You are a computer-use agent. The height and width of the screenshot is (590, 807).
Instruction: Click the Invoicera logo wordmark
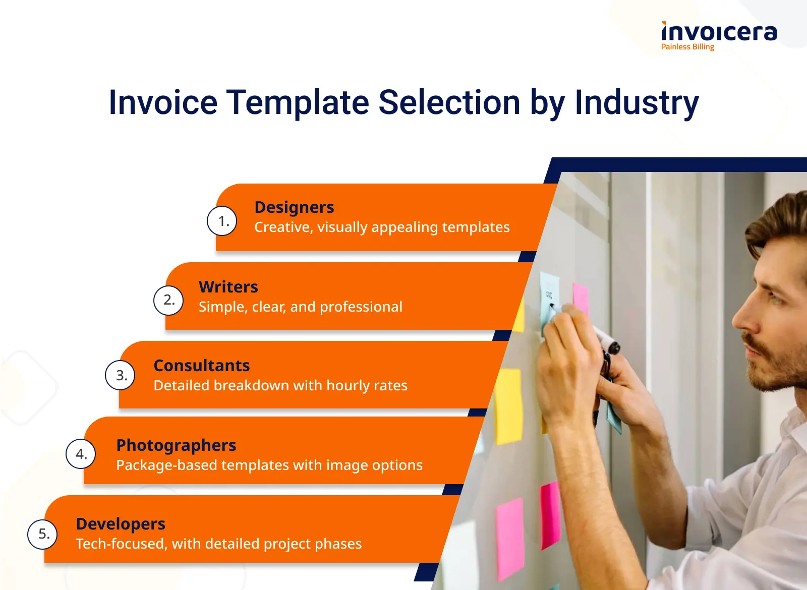pyautogui.click(x=719, y=32)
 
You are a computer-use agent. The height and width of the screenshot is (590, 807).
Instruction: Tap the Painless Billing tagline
pyautogui.click(x=687, y=47)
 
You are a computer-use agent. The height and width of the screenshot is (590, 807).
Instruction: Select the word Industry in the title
pyautogui.click(x=637, y=103)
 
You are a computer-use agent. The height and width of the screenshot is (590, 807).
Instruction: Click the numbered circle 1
pyautogui.click(x=222, y=221)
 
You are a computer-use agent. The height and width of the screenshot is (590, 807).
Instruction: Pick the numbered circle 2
pyautogui.click(x=168, y=300)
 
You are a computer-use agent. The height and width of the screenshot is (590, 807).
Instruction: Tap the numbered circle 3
pyautogui.click(x=121, y=375)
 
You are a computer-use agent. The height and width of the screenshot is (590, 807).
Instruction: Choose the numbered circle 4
pyautogui.click(x=81, y=454)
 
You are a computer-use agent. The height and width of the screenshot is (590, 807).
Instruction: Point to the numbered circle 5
pyautogui.click(x=42, y=534)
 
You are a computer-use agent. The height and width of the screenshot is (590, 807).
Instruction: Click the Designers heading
pyautogui.click(x=295, y=207)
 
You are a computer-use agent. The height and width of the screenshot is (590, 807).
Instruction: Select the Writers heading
pyautogui.click(x=228, y=287)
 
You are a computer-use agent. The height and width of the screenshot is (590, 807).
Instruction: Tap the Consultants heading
pyautogui.click(x=202, y=366)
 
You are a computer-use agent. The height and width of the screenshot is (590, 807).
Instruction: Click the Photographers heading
pyautogui.click(x=176, y=446)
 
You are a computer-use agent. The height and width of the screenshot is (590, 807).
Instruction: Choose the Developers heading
pyautogui.click(x=121, y=524)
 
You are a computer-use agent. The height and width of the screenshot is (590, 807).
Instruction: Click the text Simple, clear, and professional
pyautogui.click(x=301, y=307)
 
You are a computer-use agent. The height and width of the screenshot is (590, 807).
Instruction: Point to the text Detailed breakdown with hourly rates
pyautogui.click(x=280, y=385)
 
